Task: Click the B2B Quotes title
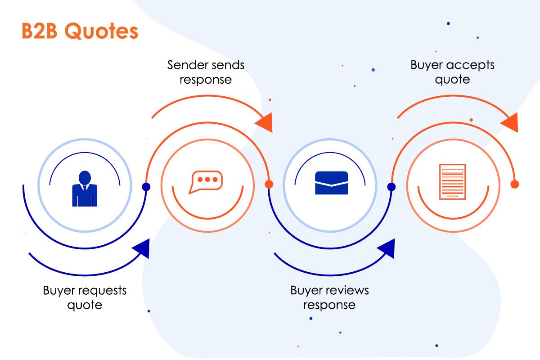point(79,31)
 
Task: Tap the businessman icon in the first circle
point(85,189)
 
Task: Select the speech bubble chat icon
point(206,182)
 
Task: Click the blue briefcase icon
point(332,183)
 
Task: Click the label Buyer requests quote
point(85,297)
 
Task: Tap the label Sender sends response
point(206,72)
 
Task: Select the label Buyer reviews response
point(329,297)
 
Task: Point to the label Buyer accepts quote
point(452,72)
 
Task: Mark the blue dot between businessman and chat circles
point(146,187)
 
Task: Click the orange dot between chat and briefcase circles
point(269,184)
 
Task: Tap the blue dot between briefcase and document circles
point(391,187)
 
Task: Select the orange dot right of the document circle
point(515,184)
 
